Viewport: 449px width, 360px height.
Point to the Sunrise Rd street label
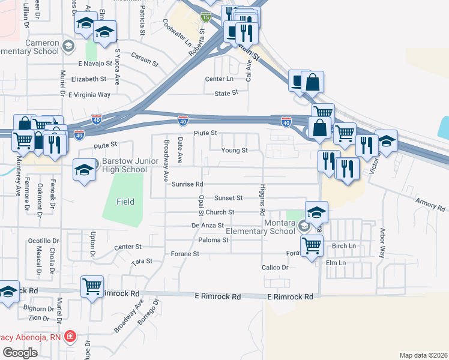187,184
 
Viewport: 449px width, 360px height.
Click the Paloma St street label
213,240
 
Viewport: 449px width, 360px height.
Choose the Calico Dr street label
275,268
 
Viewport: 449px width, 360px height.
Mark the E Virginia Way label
89,95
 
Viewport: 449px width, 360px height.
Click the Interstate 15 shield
206,18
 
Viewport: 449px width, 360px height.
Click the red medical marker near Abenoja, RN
70,335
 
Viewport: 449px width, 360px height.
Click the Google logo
20,352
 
